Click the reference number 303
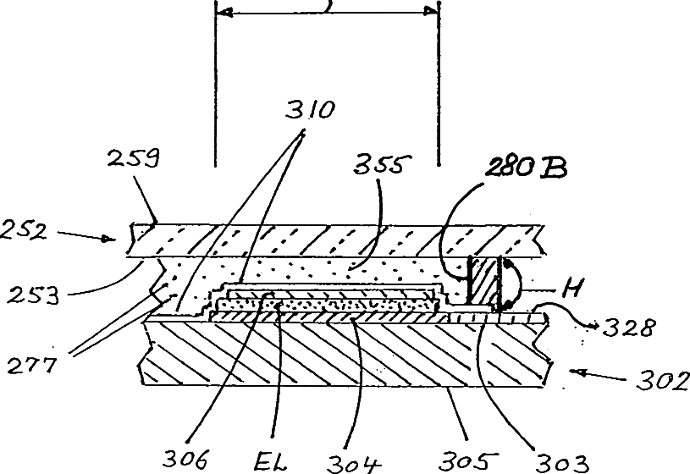coord(560,461)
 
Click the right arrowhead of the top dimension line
coord(434,11)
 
